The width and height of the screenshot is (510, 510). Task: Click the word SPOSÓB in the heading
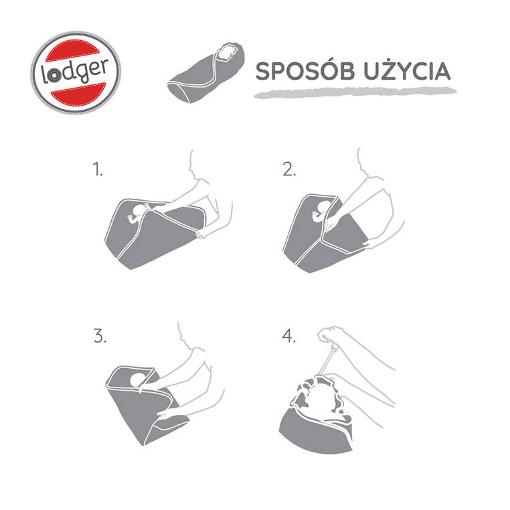click(305, 71)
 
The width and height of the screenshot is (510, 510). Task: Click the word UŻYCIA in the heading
click(407, 71)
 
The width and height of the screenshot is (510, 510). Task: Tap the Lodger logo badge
click(76, 72)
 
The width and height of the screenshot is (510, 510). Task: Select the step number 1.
click(98, 169)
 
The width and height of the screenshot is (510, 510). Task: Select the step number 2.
click(289, 169)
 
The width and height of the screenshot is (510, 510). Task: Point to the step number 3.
click(100, 336)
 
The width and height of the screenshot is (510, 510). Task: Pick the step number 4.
click(289, 336)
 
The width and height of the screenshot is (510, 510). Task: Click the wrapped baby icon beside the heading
click(205, 72)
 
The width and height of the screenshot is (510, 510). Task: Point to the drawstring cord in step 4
click(326, 360)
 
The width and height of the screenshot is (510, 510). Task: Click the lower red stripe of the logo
click(78, 93)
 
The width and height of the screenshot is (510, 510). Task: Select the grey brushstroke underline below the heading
click(355, 92)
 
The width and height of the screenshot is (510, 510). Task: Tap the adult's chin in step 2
click(361, 168)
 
